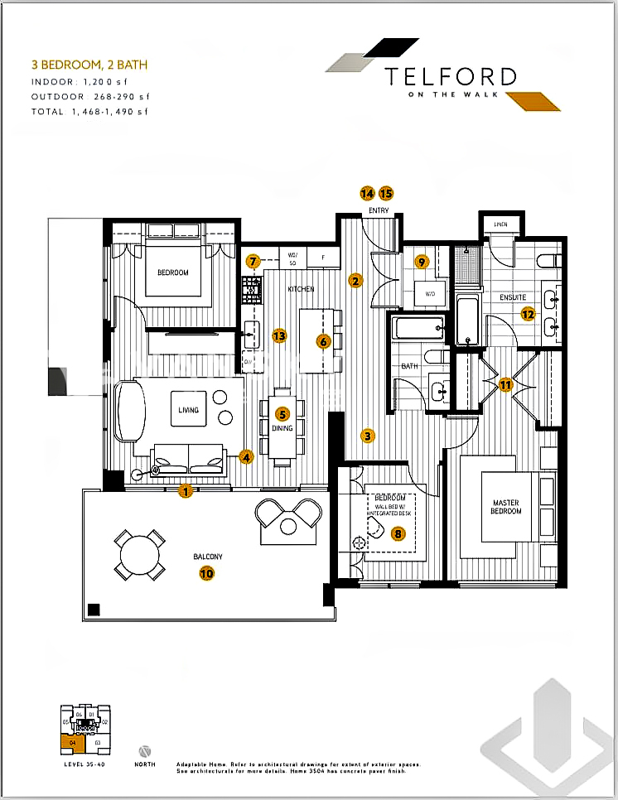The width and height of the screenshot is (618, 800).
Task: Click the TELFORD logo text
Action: tap(451, 77)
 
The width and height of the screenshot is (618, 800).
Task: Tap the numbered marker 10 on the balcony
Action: tap(206, 571)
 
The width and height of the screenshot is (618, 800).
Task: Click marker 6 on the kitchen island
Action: tap(324, 340)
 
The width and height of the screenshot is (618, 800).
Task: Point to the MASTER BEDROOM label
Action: tap(506, 507)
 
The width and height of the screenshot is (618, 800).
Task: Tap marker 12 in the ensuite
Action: tap(527, 313)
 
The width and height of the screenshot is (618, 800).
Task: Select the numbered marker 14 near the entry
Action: tap(367, 193)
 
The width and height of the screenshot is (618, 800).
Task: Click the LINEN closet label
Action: tap(500, 224)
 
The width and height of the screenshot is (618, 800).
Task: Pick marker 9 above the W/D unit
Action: tap(422, 263)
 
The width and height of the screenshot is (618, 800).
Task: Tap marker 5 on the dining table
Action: tap(282, 414)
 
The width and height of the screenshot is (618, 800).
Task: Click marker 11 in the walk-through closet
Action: tap(505, 384)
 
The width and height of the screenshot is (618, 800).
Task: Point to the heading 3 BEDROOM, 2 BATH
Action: tap(90, 64)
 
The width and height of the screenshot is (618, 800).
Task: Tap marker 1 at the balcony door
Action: tap(186, 491)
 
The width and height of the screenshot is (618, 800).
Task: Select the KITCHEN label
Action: tap(301, 289)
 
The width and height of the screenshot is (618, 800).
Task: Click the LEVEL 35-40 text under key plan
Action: tap(84, 764)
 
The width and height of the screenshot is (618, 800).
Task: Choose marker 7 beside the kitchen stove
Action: tap(253, 261)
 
